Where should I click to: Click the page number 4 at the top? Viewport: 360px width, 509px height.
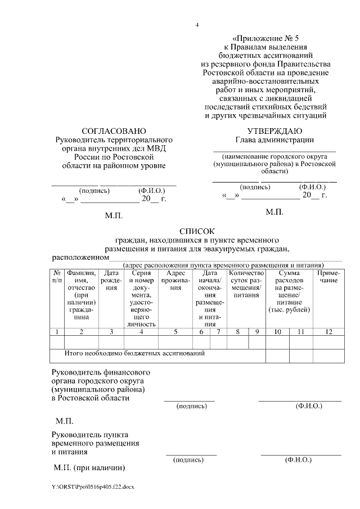[197, 25]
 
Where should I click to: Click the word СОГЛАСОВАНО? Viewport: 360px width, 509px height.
[113, 130]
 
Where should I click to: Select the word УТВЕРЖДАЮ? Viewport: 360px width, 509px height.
[274, 130]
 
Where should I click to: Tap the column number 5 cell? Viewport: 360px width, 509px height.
[175, 331]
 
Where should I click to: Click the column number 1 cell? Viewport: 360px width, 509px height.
[57, 331]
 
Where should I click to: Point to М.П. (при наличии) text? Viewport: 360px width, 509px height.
[88, 468]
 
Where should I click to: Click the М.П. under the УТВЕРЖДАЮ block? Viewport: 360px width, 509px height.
[274, 212]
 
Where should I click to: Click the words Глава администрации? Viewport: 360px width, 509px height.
[274, 140]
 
